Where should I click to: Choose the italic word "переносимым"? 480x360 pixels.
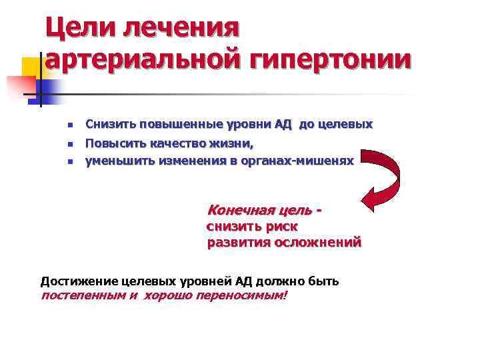242,296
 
